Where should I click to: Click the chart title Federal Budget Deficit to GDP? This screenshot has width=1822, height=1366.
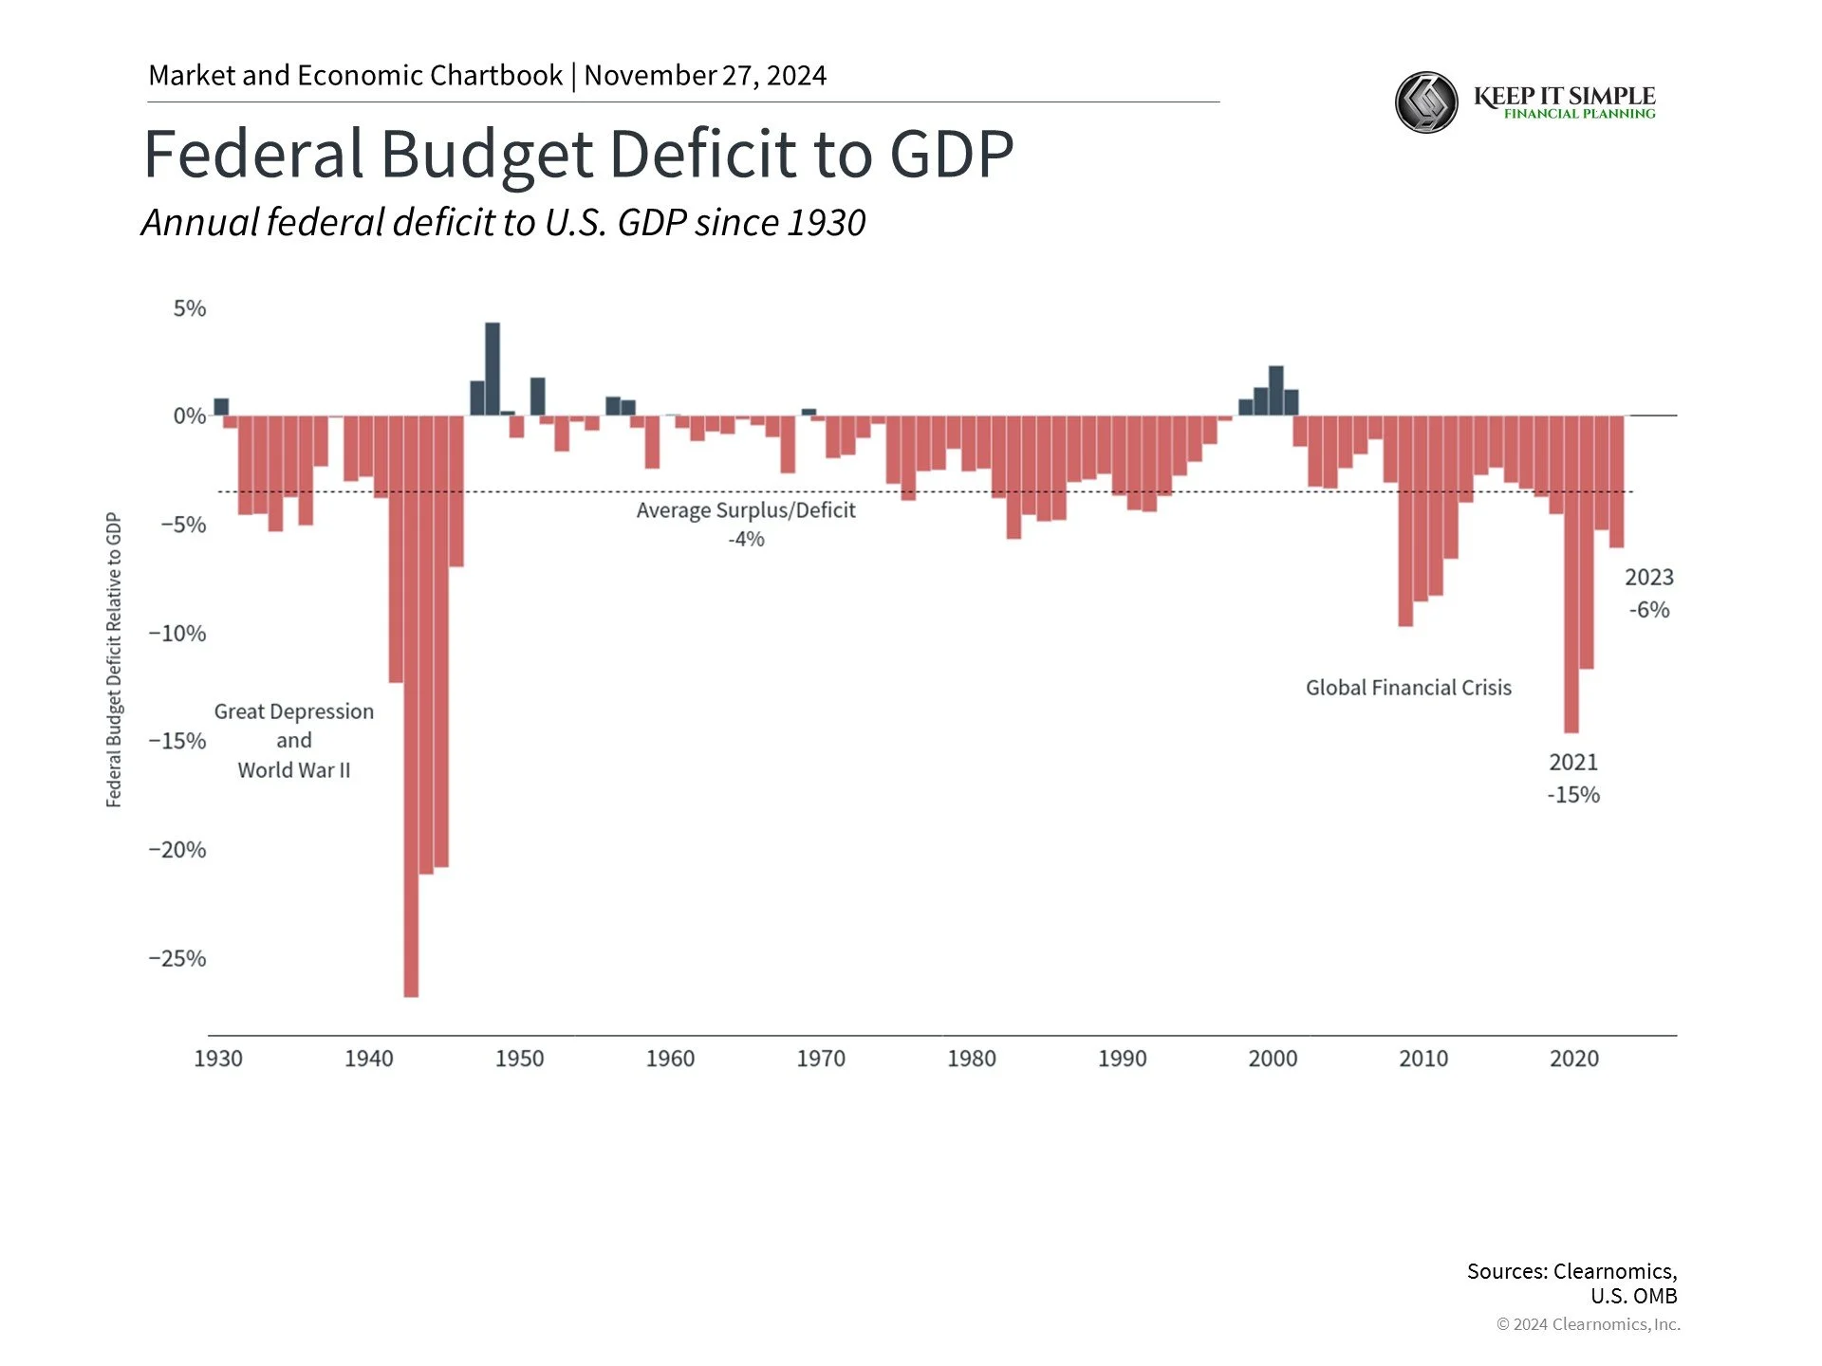click(578, 155)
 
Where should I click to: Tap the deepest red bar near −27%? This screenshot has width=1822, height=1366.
click(411, 707)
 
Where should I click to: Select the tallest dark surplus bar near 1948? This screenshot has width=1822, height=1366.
click(492, 369)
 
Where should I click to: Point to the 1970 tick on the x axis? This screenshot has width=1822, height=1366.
click(821, 1059)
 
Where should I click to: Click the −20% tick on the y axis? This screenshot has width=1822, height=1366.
click(177, 850)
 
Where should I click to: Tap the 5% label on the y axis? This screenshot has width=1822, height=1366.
click(189, 308)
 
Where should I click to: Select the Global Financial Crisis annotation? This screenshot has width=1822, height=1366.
click(1408, 688)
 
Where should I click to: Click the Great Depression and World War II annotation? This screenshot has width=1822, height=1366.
click(294, 741)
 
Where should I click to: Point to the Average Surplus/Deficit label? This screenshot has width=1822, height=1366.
click(746, 510)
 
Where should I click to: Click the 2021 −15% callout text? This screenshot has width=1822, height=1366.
click(1573, 779)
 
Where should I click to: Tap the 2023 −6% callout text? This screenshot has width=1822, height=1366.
click(1649, 593)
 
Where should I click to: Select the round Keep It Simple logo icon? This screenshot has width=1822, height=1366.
click(1426, 102)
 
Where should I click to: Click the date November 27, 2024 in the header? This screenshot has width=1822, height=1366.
click(705, 75)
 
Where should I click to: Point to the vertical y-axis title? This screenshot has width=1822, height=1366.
click(114, 660)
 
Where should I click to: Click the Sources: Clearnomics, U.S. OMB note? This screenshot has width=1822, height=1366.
click(1571, 1283)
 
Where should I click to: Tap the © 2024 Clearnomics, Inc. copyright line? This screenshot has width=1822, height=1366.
click(1588, 1324)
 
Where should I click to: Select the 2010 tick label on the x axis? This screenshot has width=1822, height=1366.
click(1423, 1059)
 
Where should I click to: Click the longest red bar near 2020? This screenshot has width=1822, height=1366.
click(1571, 574)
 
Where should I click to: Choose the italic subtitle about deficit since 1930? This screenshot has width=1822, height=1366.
click(503, 223)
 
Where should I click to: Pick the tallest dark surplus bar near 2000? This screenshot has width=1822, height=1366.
click(1276, 391)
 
